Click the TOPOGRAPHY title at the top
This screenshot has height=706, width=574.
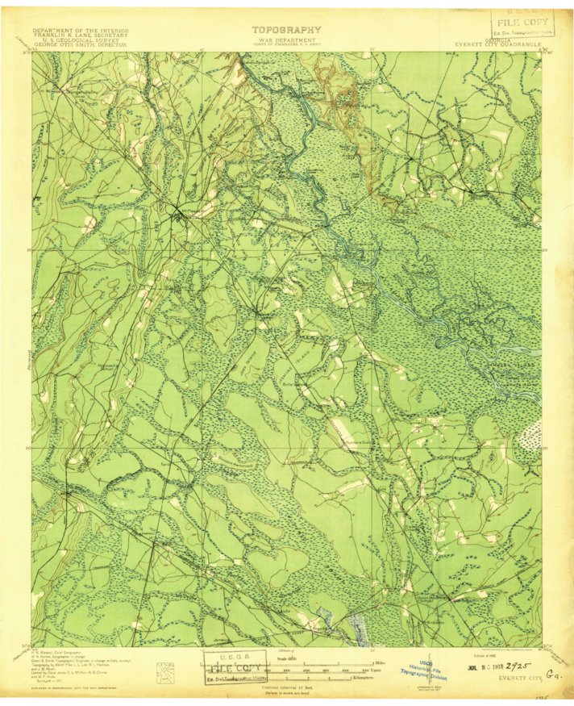pos(286,30)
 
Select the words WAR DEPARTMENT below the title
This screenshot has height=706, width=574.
pos(286,38)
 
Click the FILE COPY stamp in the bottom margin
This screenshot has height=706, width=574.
pos(235,662)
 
